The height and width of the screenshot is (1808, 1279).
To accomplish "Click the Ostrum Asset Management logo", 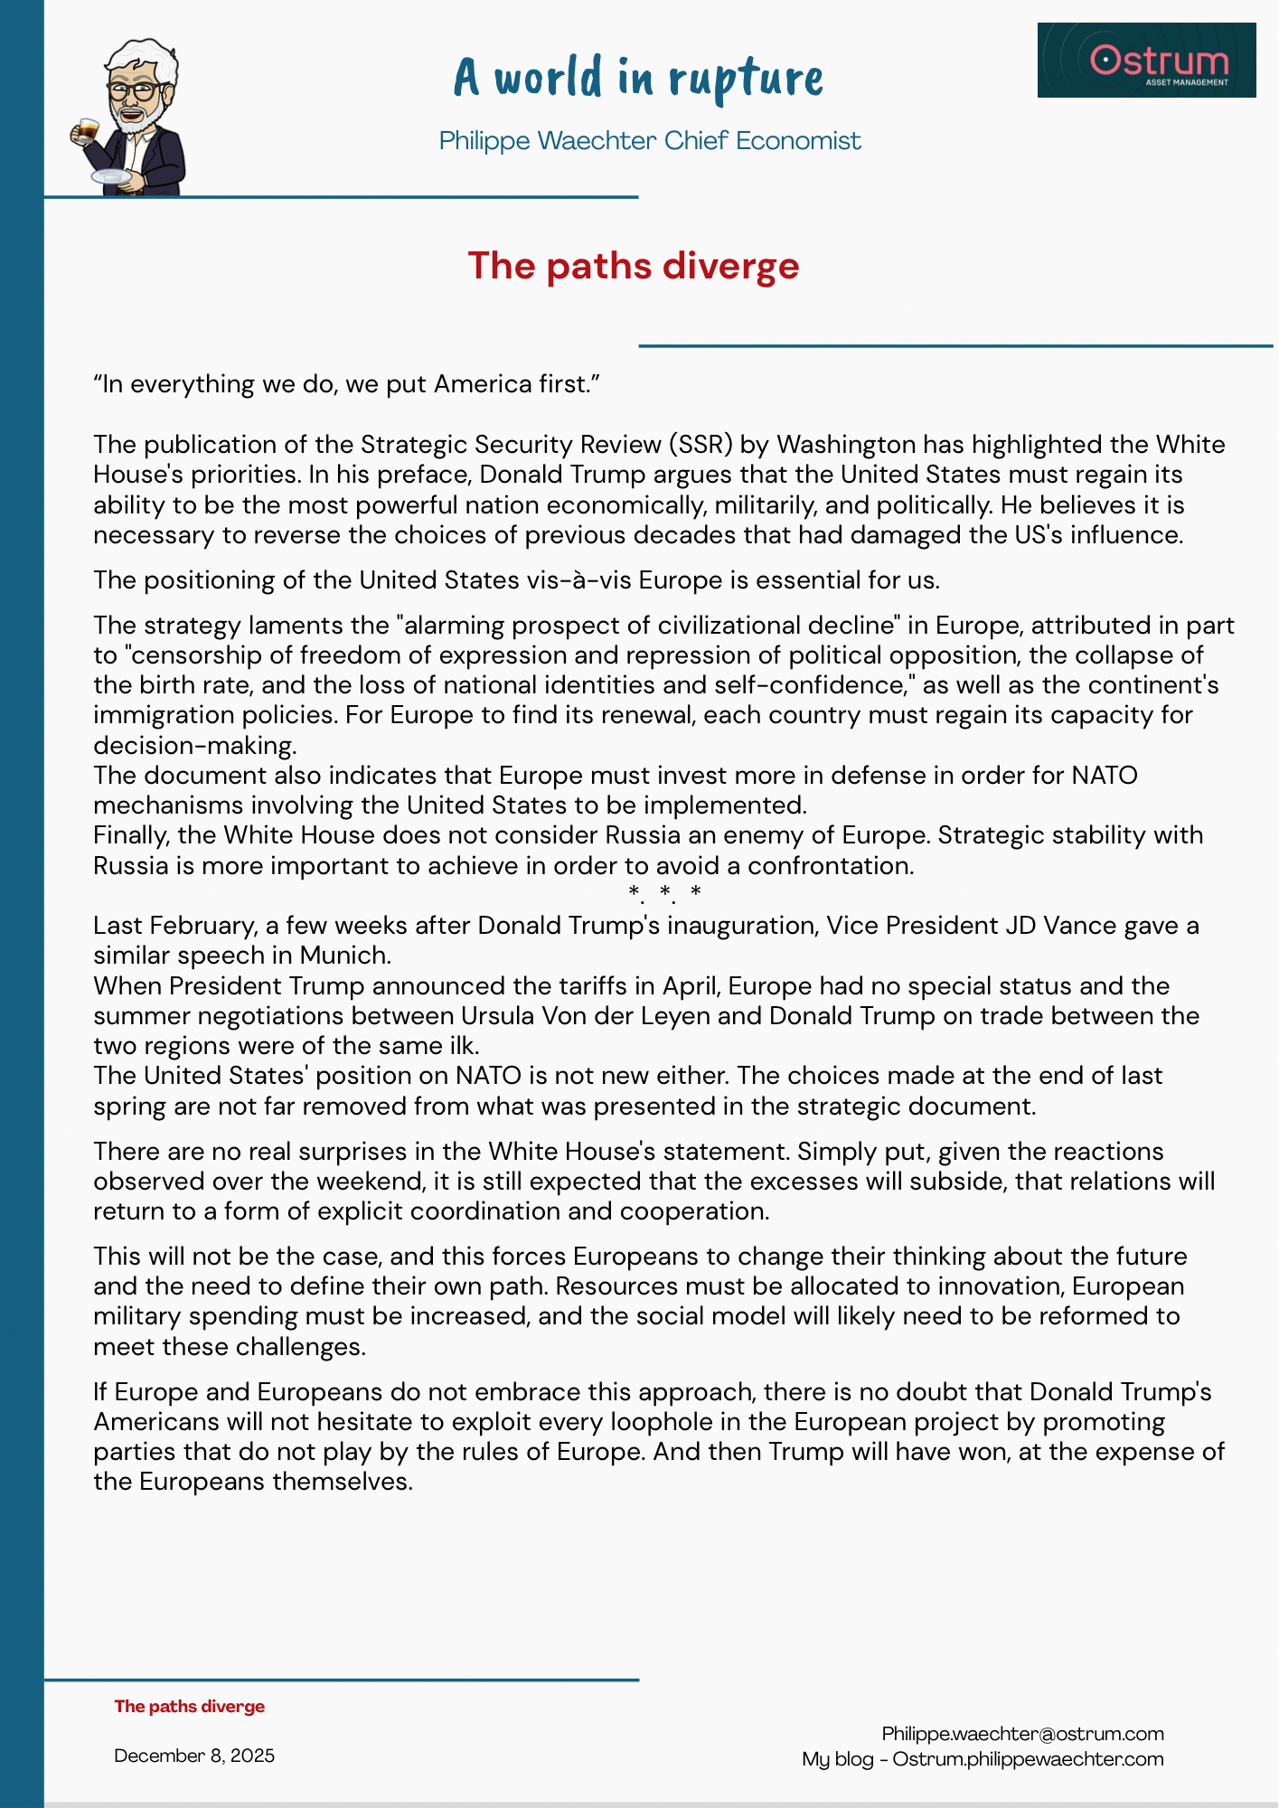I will pos(1146,61).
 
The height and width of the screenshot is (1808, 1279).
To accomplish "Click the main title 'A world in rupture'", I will pos(638,78).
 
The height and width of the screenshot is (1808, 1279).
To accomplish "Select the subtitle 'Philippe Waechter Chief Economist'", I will pos(649,141).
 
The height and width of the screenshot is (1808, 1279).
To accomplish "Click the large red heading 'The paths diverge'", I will pos(633,266).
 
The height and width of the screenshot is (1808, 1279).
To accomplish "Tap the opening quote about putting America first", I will pos(347,384).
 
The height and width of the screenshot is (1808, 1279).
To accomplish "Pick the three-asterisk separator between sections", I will pos(665,893).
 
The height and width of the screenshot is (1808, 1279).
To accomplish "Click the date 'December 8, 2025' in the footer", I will pos(194,1756).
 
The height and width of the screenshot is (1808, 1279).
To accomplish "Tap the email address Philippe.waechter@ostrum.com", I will pos(1022,1733).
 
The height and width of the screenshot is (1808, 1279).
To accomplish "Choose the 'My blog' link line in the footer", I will pos(983,1759).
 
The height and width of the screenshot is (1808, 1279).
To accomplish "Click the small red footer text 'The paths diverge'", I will pos(190,1707).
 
